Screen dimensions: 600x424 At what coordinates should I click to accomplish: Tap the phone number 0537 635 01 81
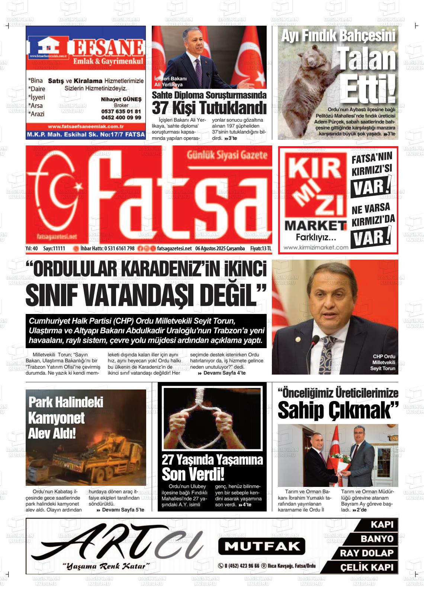click(x=121, y=112)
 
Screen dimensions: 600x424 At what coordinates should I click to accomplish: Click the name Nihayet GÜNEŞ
click(x=121, y=99)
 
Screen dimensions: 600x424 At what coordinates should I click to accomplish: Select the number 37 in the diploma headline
click(x=160, y=108)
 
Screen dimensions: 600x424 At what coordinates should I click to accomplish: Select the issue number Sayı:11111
click(x=54, y=248)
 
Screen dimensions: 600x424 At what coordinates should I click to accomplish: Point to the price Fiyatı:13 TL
click(x=261, y=248)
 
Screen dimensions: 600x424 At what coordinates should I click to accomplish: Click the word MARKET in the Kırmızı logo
click(x=315, y=225)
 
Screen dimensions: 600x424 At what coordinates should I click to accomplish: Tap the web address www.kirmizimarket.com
click(x=316, y=247)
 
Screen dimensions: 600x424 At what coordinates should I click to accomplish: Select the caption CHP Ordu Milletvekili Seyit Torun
click(x=383, y=362)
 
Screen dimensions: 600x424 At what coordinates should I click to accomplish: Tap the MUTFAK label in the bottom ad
click(x=261, y=546)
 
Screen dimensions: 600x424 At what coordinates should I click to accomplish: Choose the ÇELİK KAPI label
click(x=366, y=567)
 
